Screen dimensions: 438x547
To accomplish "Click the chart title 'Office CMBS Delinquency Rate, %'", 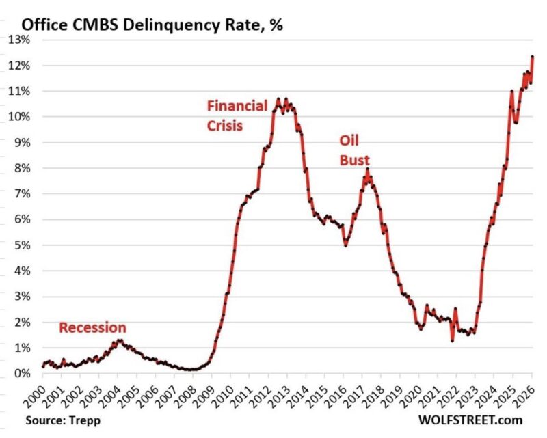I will click(152, 26).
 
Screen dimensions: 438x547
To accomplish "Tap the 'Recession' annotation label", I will click(92, 327).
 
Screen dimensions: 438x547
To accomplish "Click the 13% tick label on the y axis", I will click(18, 40).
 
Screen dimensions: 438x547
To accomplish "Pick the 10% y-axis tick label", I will click(18, 117).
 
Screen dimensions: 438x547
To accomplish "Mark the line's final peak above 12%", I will click(533, 57).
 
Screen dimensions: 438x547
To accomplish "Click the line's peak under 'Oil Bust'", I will click(367, 169).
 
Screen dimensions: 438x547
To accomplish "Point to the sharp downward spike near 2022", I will click(452, 340).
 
